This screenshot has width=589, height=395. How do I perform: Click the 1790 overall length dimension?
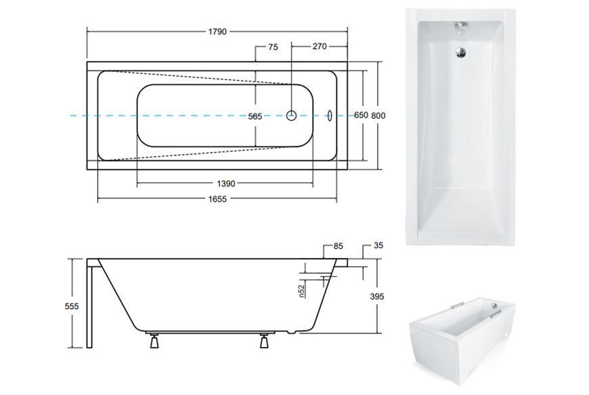point(217,32)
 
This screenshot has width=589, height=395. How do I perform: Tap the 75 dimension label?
point(273,47)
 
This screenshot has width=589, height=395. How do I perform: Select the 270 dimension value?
point(320,47)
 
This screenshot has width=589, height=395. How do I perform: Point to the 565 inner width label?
point(255,117)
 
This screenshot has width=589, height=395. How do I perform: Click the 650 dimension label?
point(361,115)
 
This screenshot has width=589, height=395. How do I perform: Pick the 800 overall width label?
point(378,116)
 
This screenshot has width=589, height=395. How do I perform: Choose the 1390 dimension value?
point(226,184)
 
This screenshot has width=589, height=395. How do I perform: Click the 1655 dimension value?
point(217,199)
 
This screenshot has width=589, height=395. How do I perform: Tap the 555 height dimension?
point(72,306)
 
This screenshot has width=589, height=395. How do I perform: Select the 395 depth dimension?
point(377,296)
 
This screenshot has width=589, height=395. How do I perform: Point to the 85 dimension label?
point(339,246)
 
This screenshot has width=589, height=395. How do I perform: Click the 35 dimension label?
point(378,245)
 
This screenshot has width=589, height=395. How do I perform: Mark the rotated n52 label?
point(301,291)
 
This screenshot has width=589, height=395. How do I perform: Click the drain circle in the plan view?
point(292,115)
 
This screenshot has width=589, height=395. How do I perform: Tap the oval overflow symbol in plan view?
point(330,116)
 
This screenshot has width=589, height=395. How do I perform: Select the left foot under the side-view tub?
point(154,341)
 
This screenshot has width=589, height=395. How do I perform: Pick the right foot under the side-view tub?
point(265,341)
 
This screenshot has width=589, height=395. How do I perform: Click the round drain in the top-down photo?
point(460,52)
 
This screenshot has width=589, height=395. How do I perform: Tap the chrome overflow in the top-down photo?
point(461,27)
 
